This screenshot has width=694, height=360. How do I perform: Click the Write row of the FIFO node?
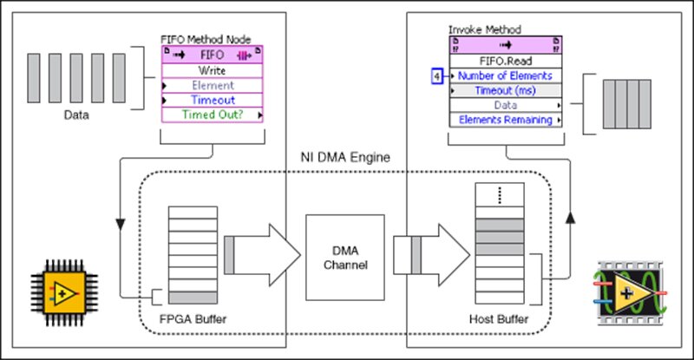[x=213, y=69]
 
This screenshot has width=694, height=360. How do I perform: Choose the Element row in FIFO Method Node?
[x=213, y=85]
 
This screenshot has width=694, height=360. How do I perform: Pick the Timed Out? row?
[x=213, y=115]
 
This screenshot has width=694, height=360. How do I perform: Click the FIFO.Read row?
[x=506, y=62]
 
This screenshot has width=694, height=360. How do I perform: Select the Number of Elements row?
[x=506, y=76]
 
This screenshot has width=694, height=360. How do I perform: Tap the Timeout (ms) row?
[x=506, y=91]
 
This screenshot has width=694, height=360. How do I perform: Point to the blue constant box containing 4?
[x=437, y=76]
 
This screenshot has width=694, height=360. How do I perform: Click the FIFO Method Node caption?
[x=199, y=39]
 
